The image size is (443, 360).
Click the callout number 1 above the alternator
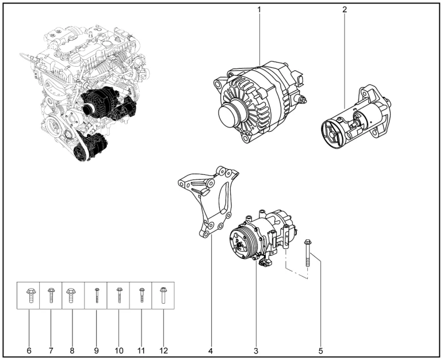pyautogui.click(x=259, y=10)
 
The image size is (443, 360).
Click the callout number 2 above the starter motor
pyautogui.click(x=344, y=10)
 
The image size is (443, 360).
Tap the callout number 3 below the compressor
pyautogui.click(x=255, y=350)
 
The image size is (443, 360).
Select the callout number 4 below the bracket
pyautogui.click(x=211, y=350)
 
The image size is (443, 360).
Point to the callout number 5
pyautogui.click(x=321, y=350)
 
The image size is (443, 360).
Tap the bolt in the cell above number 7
pyautogui.click(x=51, y=296)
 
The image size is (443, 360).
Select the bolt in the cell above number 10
pyautogui.click(x=119, y=296)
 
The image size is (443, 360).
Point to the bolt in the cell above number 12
pyautogui.click(x=163, y=296)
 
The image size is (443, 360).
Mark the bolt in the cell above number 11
pyautogui.click(x=141, y=296)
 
